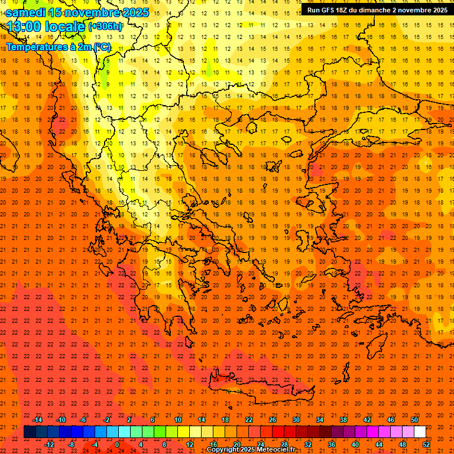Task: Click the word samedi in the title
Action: [26, 12]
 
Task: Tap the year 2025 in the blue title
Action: [131, 12]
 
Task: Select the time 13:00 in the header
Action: [24, 27]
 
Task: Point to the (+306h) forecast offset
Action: [105, 27]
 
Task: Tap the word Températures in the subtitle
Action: [35, 47]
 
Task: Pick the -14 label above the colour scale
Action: [37, 420]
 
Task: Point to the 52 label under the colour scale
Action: [427, 445]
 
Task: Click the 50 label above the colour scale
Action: [414, 420]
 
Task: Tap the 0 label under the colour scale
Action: [117, 445]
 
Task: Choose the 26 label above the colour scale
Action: [273, 420]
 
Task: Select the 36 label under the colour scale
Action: [332, 445]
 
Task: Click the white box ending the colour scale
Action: [420, 432]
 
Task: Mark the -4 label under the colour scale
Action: [94, 445]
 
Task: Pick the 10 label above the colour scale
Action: [177, 420]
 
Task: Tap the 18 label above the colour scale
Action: [225, 420]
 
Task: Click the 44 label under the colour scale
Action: [379, 445]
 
